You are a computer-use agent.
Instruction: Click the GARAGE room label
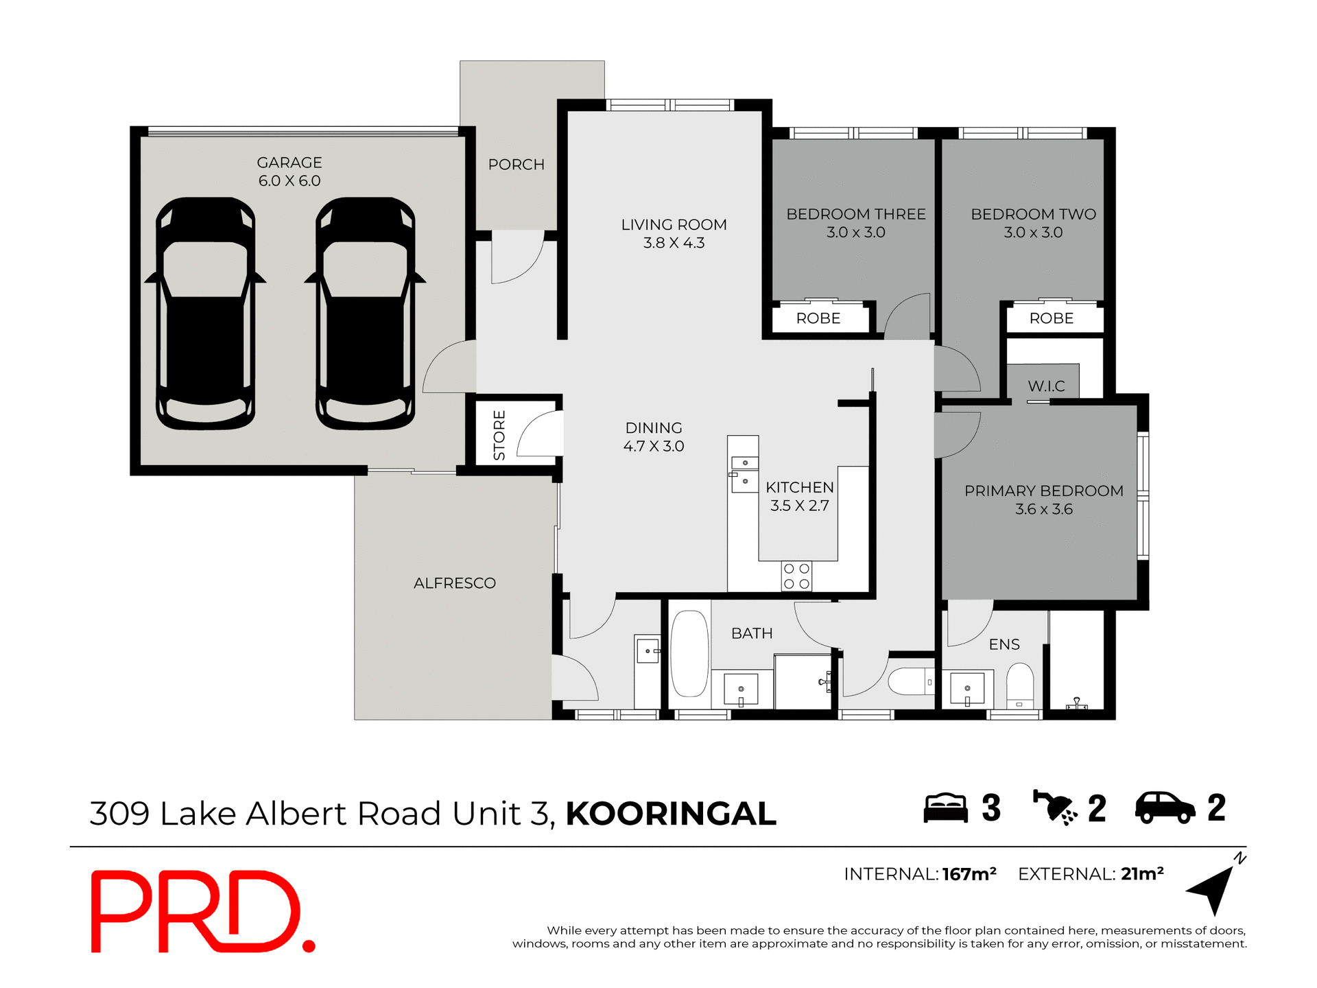289,163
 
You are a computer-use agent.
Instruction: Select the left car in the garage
205,314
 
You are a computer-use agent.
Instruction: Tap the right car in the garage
365,314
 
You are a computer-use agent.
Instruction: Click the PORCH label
516,165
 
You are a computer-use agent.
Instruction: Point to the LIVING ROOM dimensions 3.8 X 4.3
674,243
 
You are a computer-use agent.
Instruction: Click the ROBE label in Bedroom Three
818,318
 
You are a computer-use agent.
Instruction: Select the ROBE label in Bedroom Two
1051,318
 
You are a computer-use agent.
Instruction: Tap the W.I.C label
1046,386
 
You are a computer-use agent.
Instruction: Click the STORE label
499,435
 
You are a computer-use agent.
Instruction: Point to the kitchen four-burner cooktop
796,576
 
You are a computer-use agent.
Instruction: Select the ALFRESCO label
454,583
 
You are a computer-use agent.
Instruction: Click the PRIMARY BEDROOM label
1043,491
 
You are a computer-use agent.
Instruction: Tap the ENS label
1004,644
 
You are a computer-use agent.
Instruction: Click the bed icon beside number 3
945,808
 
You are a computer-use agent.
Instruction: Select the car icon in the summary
1165,808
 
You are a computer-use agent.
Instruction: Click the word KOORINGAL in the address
670,814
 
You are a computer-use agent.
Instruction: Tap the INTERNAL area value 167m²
969,874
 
